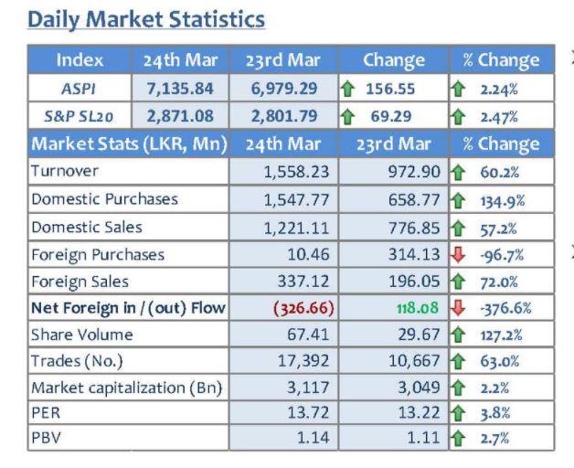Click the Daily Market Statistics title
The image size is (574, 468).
pyautogui.click(x=146, y=19)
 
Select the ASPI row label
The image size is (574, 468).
pyautogui.click(x=79, y=89)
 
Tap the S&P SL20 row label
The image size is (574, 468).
pyautogui.click(x=79, y=116)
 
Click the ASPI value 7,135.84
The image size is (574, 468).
pyautogui.click(x=180, y=89)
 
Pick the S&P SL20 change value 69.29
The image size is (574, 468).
pyautogui.click(x=391, y=116)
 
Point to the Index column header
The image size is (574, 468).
pyautogui.click(x=80, y=60)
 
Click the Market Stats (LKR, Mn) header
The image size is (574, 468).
pyautogui.click(x=129, y=144)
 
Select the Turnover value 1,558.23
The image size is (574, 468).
pyautogui.click(x=296, y=172)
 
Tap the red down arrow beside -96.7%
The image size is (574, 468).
pyautogui.click(x=458, y=254)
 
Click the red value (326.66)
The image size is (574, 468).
pyautogui.click(x=303, y=308)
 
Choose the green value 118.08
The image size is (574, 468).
pyautogui.click(x=418, y=308)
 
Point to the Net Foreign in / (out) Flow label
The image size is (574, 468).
pyautogui.click(x=128, y=308)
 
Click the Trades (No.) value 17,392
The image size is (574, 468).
pyautogui.click(x=303, y=361)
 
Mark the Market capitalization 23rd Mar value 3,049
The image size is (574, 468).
pyautogui.click(x=419, y=388)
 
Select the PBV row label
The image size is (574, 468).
pyautogui.click(x=46, y=438)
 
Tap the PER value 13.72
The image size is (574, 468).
pyautogui.click(x=308, y=413)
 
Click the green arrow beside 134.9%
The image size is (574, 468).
pyautogui.click(x=458, y=201)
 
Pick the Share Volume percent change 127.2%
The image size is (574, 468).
pyautogui.click(x=501, y=335)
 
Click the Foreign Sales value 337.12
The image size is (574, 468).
pyautogui.click(x=303, y=282)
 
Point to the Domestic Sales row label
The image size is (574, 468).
pyautogui.click(x=87, y=228)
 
